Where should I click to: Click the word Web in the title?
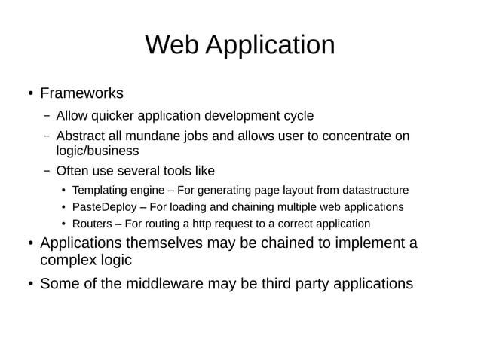(172, 45)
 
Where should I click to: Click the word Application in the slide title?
(270, 47)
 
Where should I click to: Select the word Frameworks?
(81, 94)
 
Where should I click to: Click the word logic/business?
(97, 151)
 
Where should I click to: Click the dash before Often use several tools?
(46, 171)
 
